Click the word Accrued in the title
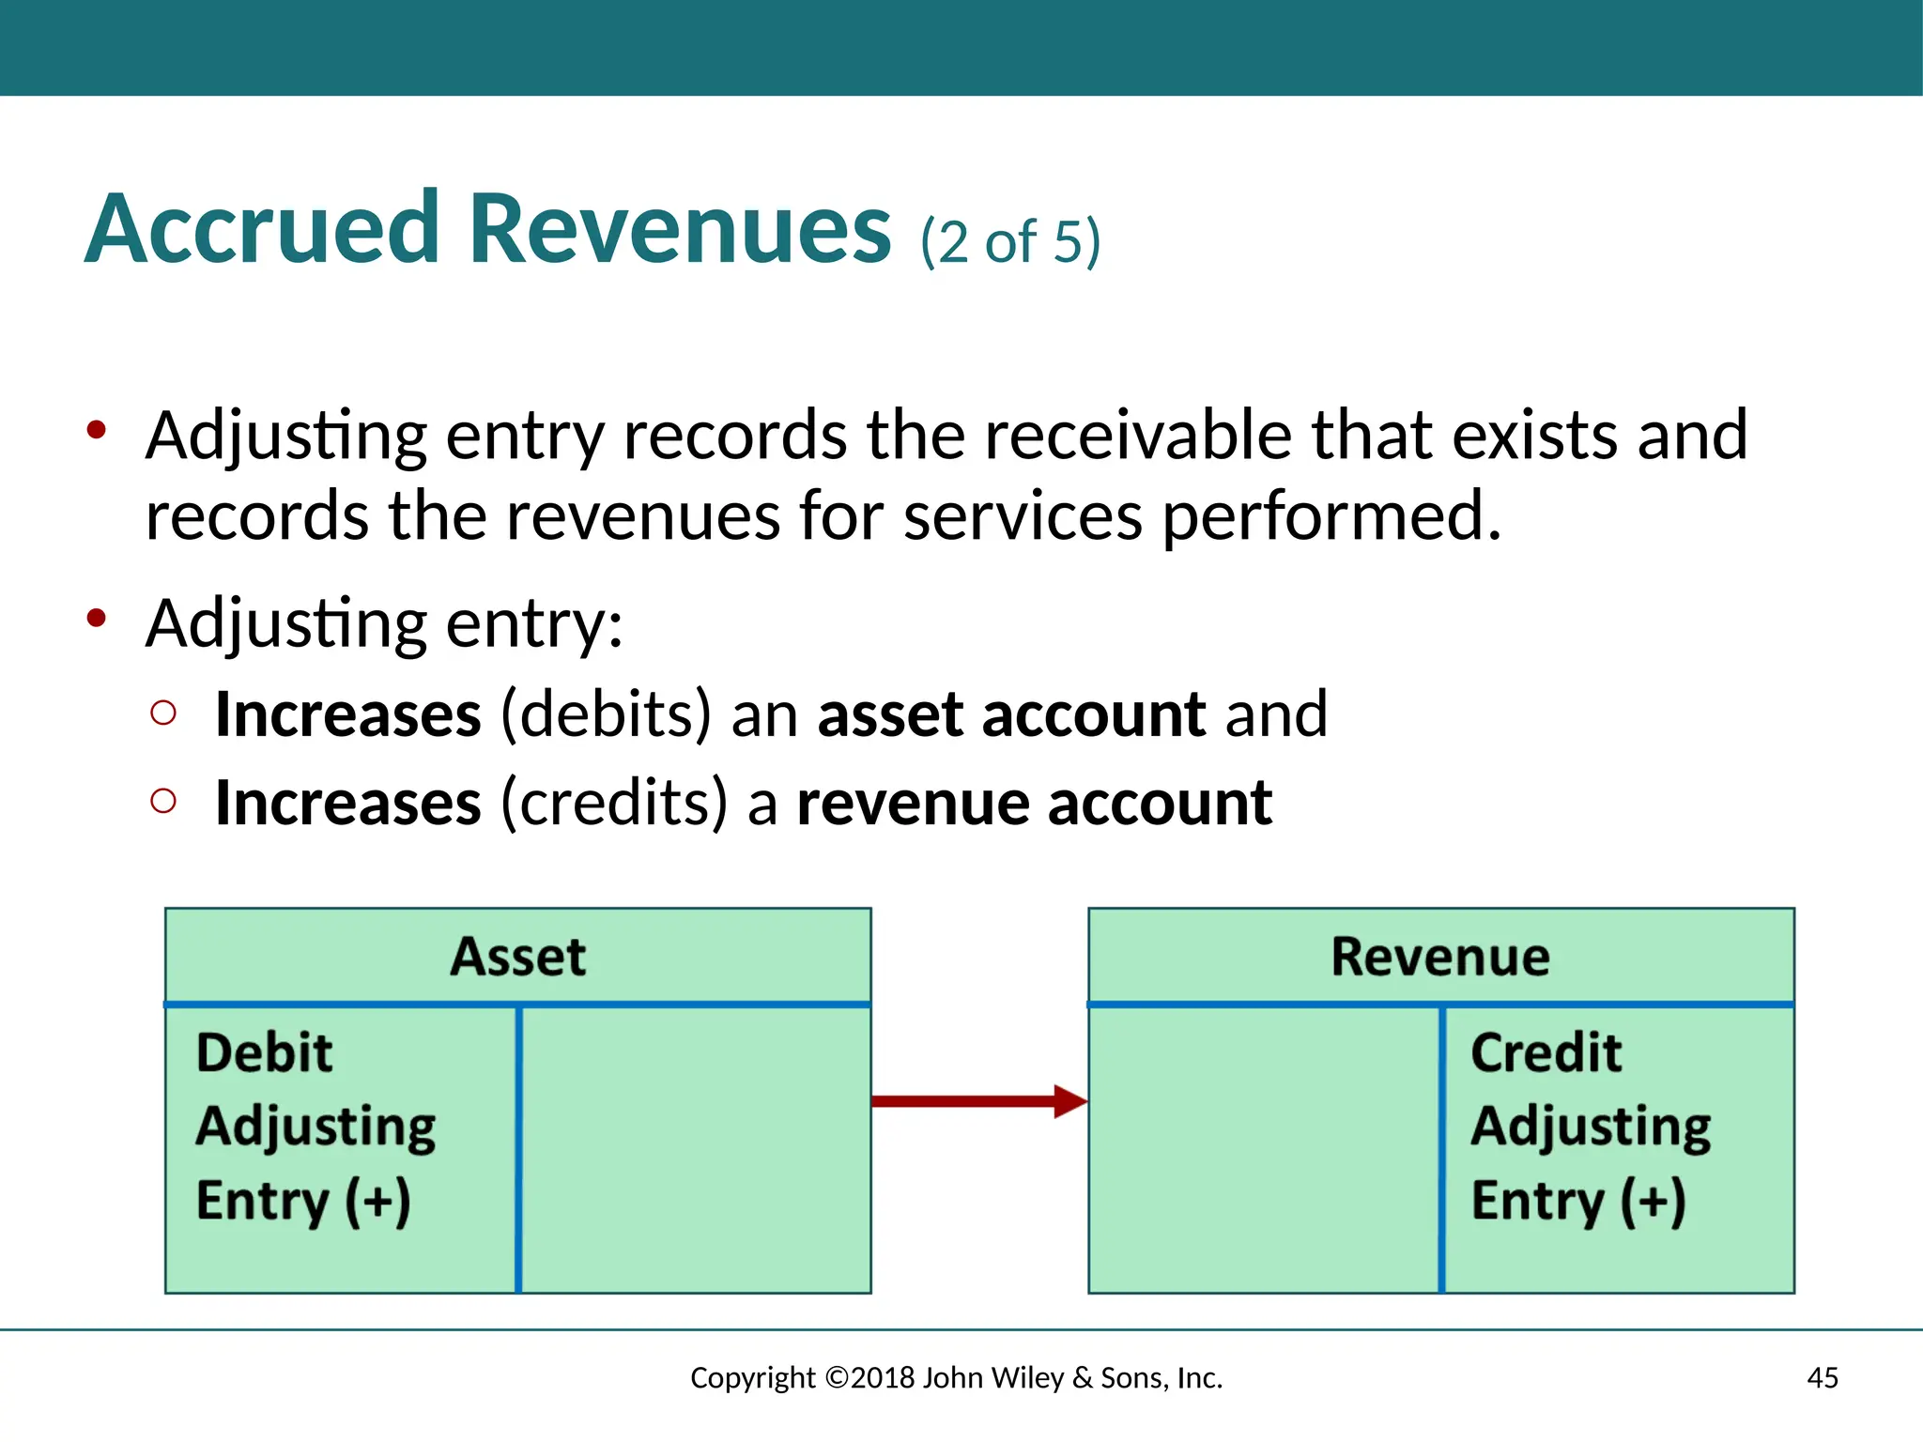click(x=262, y=229)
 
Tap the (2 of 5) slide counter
click(x=1009, y=241)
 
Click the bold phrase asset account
click(x=1011, y=714)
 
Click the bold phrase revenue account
click(x=1034, y=804)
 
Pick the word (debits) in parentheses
click(x=606, y=714)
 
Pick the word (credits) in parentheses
click(x=614, y=804)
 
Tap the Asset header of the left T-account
click(x=517, y=957)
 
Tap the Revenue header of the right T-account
click(x=1440, y=957)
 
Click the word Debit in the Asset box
click(x=264, y=1052)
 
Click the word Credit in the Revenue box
click(x=1546, y=1052)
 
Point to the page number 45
click(x=1822, y=1377)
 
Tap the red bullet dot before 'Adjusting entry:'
click(x=96, y=619)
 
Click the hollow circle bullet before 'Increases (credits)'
click(x=163, y=801)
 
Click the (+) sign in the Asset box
click(x=377, y=1201)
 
